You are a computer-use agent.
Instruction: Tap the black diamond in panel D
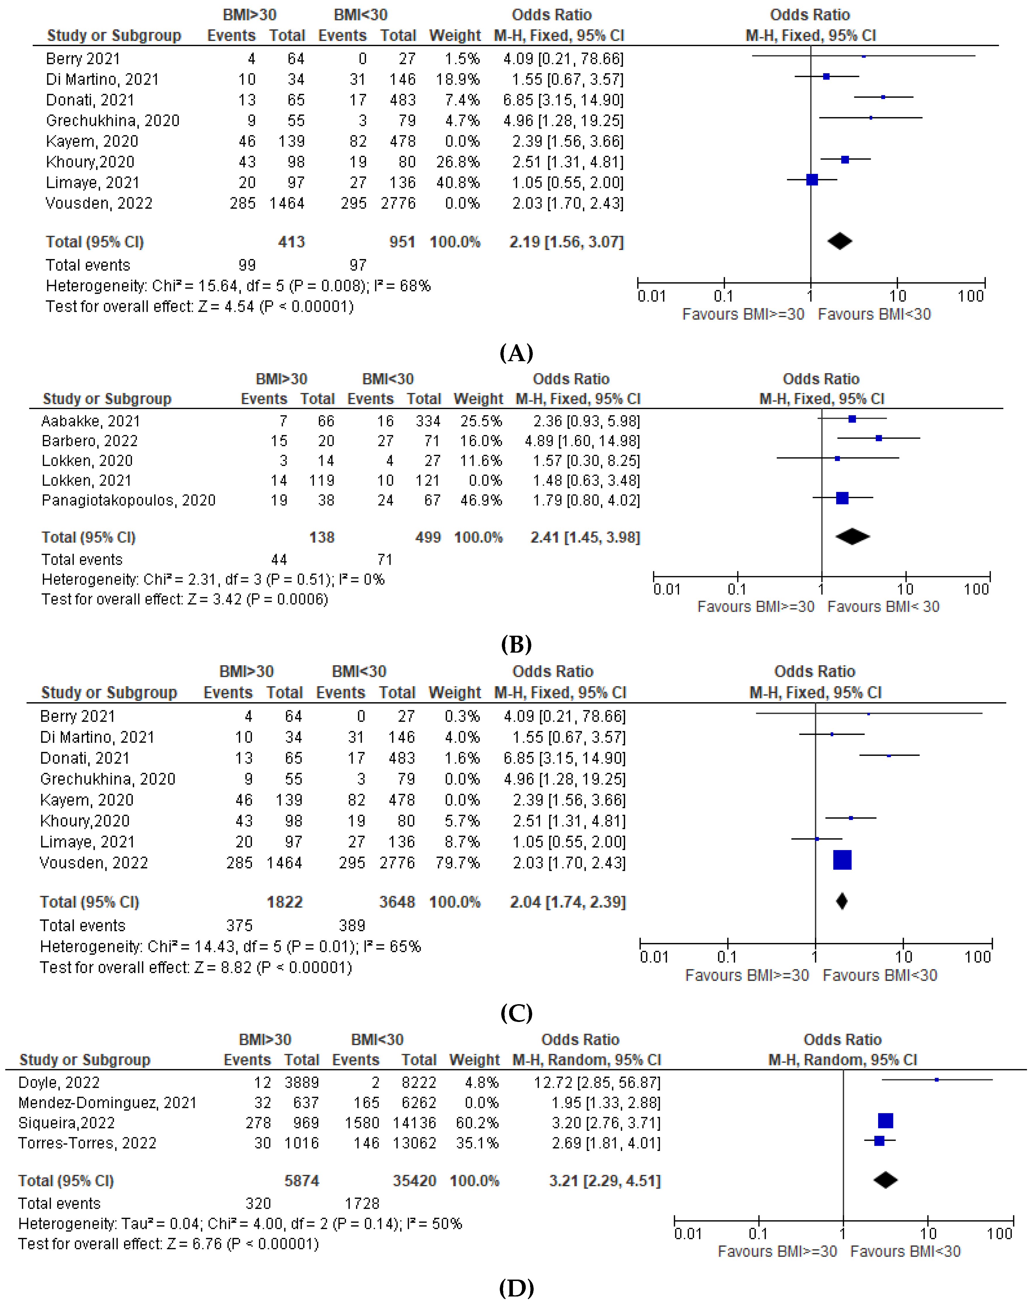click(885, 1180)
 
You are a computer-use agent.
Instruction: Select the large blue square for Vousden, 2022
click(842, 860)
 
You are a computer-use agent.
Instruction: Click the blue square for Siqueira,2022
click(885, 1121)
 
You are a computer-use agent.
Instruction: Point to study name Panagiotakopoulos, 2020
click(128, 500)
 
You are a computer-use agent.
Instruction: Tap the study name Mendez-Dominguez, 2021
click(107, 1103)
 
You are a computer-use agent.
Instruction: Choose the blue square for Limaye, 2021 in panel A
click(812, 180)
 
